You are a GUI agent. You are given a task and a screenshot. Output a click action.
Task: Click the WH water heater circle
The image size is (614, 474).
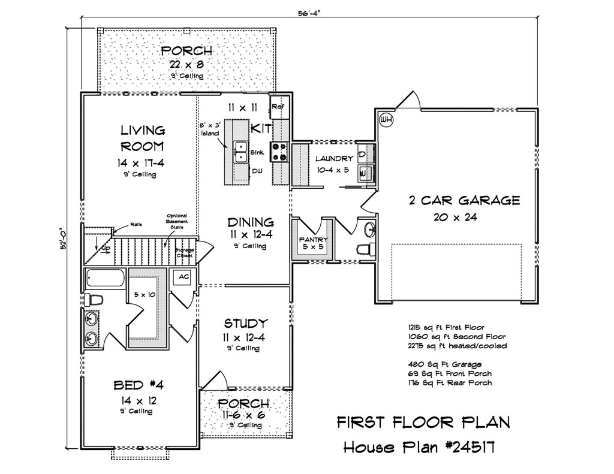pos(387,119)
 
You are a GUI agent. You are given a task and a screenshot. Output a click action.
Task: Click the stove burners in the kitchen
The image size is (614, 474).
pos(281,152)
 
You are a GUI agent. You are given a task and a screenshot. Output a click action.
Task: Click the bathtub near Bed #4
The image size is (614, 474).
pos(106,278)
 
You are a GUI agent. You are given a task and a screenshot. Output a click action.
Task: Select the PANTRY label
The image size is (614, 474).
pos(313,240)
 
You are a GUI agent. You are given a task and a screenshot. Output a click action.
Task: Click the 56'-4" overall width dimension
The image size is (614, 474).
pos(309,13)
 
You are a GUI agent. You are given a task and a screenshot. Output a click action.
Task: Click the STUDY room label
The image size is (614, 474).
pos(246,324)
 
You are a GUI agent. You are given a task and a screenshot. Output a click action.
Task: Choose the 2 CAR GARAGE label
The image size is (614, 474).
pos(465,201)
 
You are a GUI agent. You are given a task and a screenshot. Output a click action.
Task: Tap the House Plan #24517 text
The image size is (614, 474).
pos(419,447)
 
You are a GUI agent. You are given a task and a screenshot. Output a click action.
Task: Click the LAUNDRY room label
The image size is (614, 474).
pos(334,159)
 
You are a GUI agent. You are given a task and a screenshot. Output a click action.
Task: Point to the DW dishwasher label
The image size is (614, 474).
pos(257,171)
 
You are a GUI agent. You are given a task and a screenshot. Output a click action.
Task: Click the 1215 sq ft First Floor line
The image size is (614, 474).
pos(446,327)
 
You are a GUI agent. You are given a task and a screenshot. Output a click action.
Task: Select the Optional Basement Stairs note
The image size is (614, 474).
pos(177,221)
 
